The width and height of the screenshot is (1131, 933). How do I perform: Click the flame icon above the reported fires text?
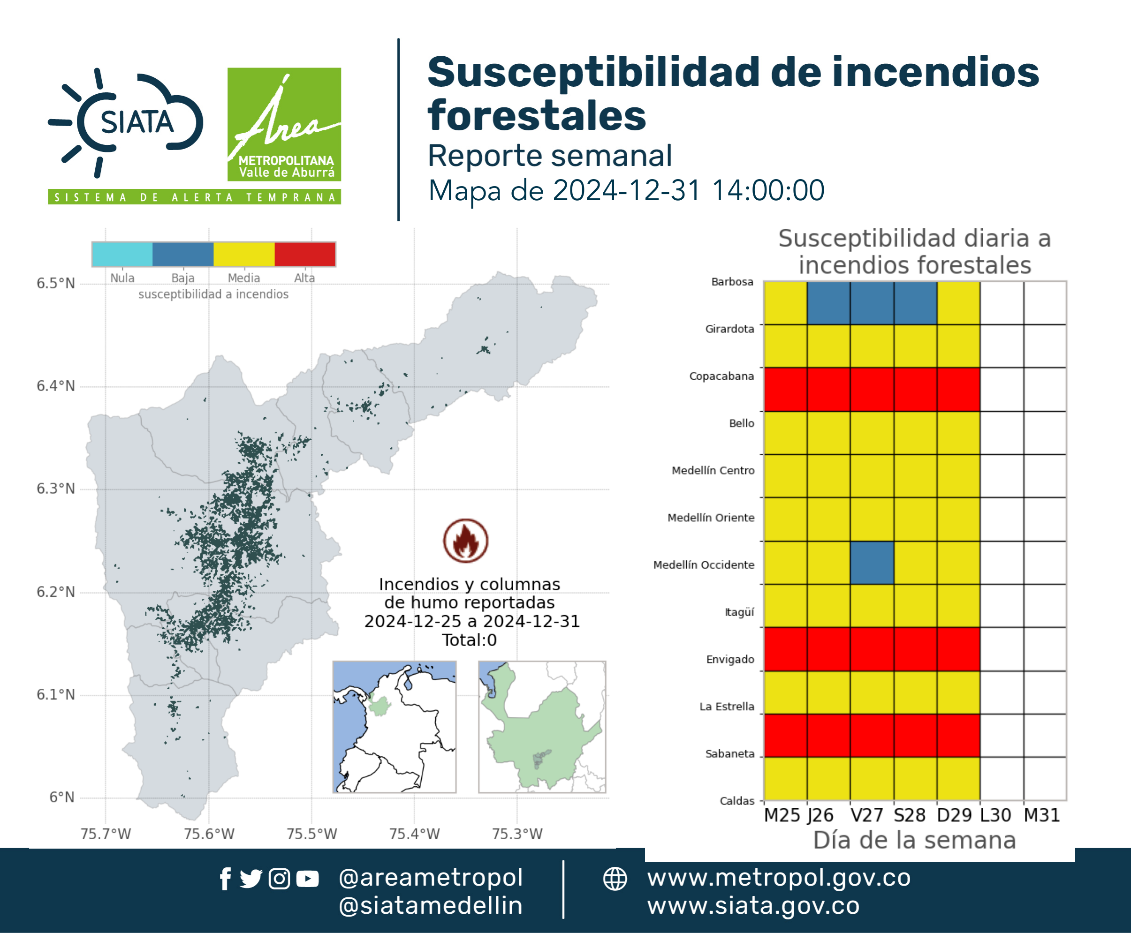(466, 541)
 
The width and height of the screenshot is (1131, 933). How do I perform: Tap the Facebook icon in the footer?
(225, 879)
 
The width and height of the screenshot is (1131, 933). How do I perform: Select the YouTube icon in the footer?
(307, 879)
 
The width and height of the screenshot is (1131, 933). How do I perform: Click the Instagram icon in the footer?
(279, 879)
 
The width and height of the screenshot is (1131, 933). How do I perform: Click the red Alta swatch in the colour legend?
(305, 254)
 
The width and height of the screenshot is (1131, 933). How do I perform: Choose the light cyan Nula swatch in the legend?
(122, 254)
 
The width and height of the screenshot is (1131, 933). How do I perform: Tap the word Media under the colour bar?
(243, 278)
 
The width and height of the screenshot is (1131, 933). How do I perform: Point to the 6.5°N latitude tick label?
(56, 283)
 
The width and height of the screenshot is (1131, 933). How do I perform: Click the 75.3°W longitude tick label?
(517, 834)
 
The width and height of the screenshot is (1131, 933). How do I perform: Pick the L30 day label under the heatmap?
(995, 815)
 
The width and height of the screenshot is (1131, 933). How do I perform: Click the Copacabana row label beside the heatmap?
(722, 376)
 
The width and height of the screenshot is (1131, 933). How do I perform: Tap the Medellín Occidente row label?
(704, 565)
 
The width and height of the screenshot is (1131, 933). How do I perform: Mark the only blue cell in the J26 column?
(828, 302)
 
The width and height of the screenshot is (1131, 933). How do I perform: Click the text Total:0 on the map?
(470, 640)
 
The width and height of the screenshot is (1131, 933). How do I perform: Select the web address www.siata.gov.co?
(753, 906)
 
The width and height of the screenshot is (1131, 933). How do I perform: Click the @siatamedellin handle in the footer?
(431, 906)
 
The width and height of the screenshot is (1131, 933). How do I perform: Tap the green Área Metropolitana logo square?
(284, 124)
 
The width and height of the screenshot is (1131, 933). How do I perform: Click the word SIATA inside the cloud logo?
(137, 122)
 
